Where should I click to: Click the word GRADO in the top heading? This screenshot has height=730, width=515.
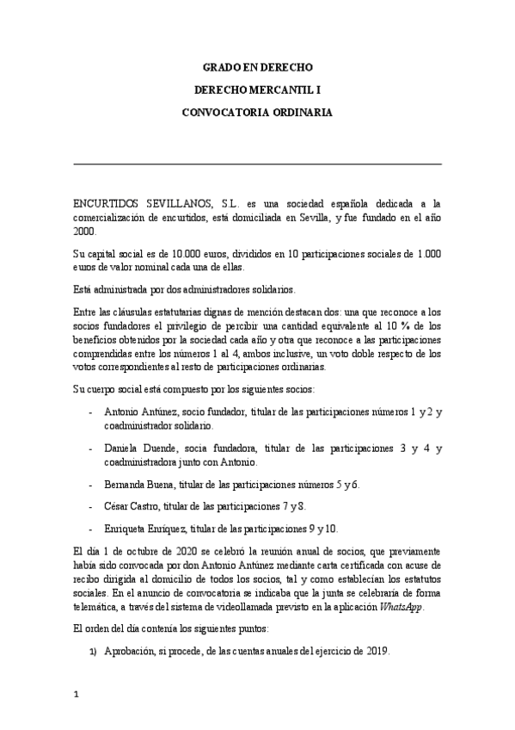point(220,66)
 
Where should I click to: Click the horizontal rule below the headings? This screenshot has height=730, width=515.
point(258,163)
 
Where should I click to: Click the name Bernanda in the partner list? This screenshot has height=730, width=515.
point(126,485)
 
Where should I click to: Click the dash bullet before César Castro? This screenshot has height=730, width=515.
point(92,506)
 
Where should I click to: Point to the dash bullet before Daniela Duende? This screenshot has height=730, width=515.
point(92,449)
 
